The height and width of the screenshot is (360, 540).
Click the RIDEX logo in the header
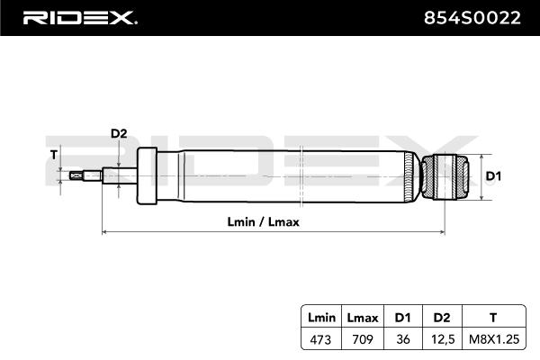[79, 17]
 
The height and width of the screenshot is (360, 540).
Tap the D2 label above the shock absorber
[119, 134]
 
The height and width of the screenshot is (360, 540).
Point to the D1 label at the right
[492, 176]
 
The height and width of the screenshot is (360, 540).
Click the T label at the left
[54, 155]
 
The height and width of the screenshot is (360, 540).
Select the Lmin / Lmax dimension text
[264, 221]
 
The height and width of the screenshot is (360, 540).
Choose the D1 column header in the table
[401, 318]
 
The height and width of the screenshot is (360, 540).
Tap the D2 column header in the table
[440, 318]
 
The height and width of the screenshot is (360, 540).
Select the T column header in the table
[492, 318]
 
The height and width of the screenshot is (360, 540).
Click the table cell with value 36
[401, 339]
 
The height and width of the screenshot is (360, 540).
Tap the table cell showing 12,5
[440, 339]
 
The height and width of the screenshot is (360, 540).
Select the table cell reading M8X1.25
[492, 339]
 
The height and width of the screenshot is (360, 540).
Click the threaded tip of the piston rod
[85, 176]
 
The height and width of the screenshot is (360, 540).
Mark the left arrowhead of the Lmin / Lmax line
[105, 232]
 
